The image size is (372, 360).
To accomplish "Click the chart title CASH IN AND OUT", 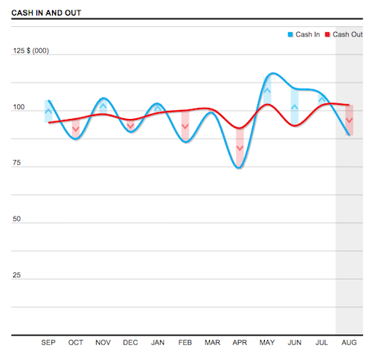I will tap(46, 13).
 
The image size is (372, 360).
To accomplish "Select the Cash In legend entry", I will tap(304, 34).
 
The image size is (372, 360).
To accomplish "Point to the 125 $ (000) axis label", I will tap(31, 51).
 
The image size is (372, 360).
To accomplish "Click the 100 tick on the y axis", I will tap(19, 108).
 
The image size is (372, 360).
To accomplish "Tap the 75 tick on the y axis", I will tap(17, 164).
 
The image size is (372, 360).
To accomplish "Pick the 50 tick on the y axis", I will tap(17, 219).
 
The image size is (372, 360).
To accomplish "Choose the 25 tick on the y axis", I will tap(17, 275).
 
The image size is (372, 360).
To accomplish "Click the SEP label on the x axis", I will tap(48, 343).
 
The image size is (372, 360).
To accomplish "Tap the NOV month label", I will tap(103, 343).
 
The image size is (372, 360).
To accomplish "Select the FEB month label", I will tap(185, 343).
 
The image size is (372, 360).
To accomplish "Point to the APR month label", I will tap(240, 343).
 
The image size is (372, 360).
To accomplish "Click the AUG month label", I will tap(348, 343).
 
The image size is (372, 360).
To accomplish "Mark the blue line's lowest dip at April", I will tap(239, 167).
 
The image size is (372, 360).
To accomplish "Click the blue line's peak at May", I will tap(272, 74).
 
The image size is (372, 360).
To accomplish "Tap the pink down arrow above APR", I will tap(240, 149).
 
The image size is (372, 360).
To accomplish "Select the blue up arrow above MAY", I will tap(267, 91).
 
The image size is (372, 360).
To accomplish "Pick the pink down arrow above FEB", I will tap(185, 126).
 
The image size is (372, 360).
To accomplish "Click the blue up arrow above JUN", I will tap(295, 107).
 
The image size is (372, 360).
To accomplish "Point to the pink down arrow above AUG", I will tap(349, 120).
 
